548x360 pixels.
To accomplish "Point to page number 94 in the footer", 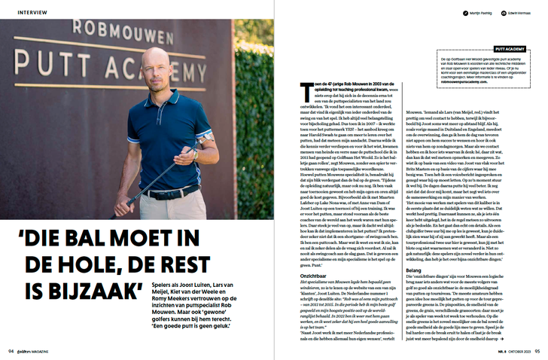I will click(x=10, y=350).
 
